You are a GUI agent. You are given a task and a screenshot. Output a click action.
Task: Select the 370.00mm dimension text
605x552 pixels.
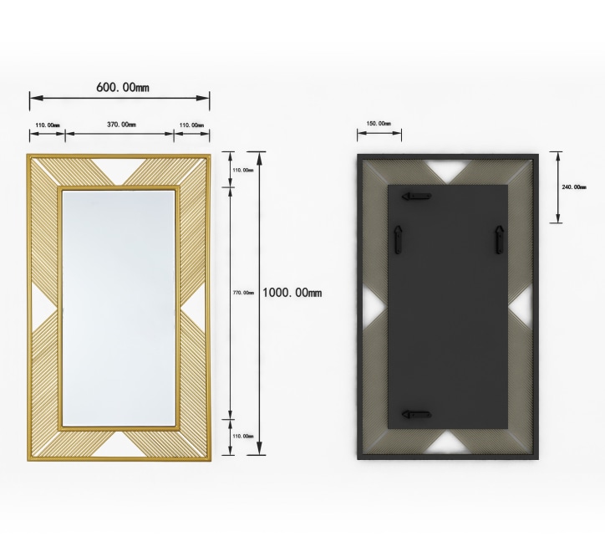(x=121, y=125)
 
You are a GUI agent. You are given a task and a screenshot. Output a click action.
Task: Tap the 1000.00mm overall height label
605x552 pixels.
(x=292, y=293)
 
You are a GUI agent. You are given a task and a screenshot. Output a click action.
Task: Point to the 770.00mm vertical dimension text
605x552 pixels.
(x=243, y=293)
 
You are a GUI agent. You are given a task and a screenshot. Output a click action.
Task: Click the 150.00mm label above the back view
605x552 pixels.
(x=379, y=124)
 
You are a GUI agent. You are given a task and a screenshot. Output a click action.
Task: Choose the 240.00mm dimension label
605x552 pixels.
(x=574, y=187)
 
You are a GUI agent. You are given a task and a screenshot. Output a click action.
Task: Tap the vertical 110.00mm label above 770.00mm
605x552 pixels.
(x=242, y=170)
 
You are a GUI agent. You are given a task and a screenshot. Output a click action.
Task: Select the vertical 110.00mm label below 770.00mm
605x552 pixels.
(x=242, y=436)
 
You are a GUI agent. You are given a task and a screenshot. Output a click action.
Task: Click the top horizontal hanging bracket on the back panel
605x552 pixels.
(x=415, y=197)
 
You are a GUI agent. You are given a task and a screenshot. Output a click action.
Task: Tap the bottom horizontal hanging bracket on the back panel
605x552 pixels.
(x=415, y=414)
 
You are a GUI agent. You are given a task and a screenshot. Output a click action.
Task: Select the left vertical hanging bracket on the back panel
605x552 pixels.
(x=399, y=240)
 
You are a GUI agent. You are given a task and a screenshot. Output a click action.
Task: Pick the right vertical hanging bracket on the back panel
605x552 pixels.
(x=499, y=240)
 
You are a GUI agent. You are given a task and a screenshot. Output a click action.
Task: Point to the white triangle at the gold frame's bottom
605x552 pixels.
(x=119, y=443)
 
